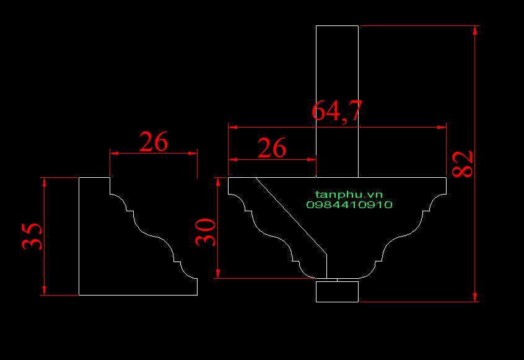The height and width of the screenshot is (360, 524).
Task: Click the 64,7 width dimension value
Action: pos(337,111)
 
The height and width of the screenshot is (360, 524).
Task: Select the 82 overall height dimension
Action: pos(463,164)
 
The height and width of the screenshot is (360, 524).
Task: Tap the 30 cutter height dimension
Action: pos(206,232)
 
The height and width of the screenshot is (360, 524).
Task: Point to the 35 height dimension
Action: pos(32,236)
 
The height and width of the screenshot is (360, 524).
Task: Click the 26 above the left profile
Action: pos(154,142)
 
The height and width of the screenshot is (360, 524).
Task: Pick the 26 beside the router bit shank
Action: pos(272,147)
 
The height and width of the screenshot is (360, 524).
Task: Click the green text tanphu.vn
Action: pos(349,195)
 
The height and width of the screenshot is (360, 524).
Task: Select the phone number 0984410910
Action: pos(349,204)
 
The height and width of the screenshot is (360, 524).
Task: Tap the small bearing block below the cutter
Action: pos(337,291)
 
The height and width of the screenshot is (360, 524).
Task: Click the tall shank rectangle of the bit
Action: pos(337,101)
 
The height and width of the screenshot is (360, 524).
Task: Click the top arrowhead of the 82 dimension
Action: pos(475,30)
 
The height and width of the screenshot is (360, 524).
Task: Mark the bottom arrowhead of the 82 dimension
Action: pos(475,297)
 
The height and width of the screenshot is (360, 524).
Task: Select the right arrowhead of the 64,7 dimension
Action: pos(442,128)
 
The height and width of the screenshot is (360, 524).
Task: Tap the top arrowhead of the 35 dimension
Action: pos(44,182)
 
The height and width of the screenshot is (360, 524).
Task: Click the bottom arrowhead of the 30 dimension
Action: pos(218,273)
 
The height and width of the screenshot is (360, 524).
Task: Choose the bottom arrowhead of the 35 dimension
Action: pos(44,291)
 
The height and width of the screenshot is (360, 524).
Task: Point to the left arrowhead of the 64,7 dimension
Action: pos(233,128)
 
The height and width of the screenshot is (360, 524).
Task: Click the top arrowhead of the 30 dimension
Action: pos(218,182)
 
